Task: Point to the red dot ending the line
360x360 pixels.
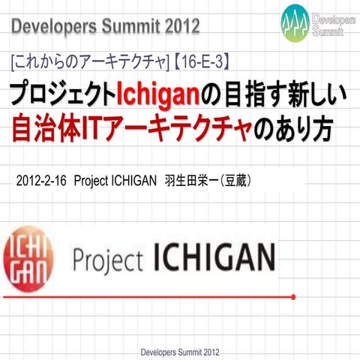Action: (x=293, y=297)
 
